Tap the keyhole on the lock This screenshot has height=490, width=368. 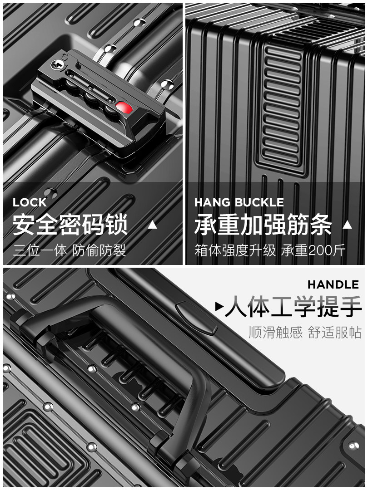(57, 64)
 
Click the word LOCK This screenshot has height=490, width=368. (30, 202)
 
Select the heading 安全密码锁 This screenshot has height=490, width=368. (70, 225)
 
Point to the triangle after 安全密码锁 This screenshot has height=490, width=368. (153, 225)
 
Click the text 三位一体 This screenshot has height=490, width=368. (40, 250)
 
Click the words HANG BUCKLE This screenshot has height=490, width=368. (239, 202)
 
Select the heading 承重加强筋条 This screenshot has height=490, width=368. (263, 225)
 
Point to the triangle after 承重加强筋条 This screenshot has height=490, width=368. (348, 225)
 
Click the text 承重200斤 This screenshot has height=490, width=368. (313, 250)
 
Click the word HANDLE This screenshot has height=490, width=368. (333, 285)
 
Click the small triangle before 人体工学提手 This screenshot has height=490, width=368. (219, 308)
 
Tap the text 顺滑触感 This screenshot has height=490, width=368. (275, 333)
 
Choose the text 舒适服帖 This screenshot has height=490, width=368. (335, 333)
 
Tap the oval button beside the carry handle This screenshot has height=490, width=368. (196, 318)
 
